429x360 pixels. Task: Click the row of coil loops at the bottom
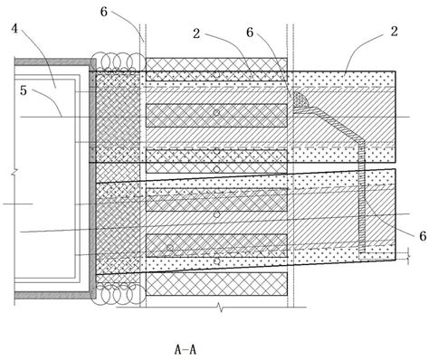tap(119, 294)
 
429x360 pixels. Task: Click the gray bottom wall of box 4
tap(50, 297)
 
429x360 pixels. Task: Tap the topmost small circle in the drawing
tap(215, 73)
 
